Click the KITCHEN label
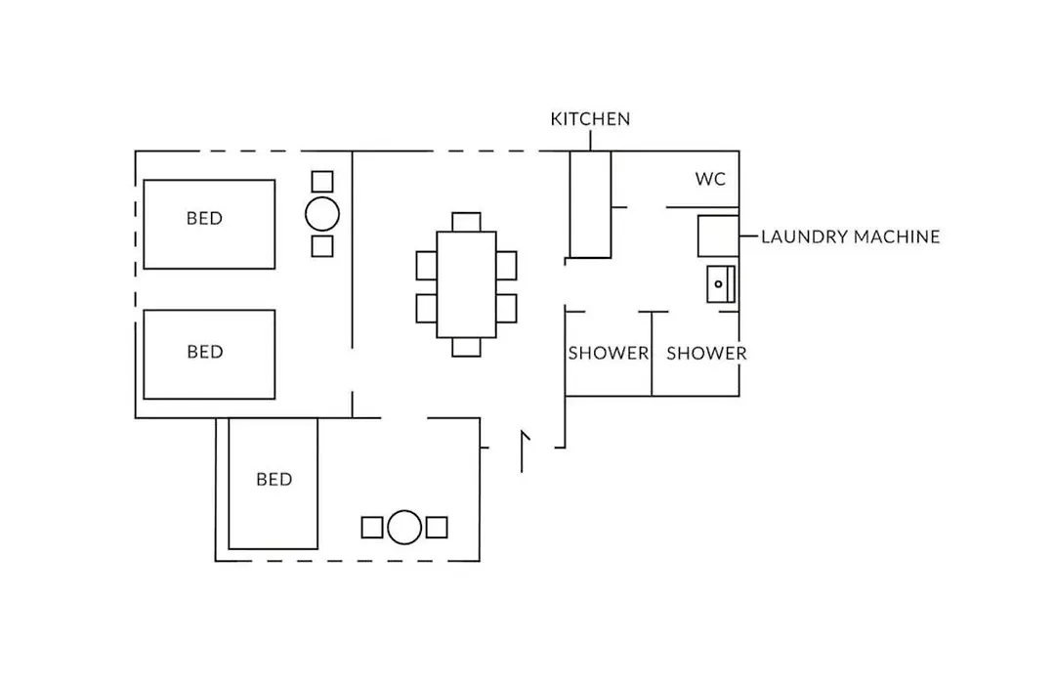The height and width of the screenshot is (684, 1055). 590,119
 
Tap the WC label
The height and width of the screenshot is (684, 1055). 710,179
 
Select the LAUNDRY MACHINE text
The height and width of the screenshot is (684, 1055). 851,237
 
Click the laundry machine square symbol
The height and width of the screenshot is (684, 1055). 718,235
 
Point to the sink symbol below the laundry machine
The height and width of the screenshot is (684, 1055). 721,283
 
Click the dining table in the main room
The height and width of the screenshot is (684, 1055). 466,284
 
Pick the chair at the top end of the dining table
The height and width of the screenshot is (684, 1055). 466,222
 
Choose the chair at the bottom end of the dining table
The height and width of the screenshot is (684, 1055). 466,347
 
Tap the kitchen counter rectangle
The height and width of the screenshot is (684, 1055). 591,204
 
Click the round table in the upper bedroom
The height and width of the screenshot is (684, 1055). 322,214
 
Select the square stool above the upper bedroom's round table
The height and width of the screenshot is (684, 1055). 322,181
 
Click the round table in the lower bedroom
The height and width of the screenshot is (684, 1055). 404,527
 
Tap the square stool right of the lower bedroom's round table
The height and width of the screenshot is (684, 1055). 437,527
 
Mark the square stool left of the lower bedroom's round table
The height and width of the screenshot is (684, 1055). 372,527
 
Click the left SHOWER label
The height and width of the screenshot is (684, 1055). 609,354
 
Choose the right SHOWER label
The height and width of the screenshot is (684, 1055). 706,354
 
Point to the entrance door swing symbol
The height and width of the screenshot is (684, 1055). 525,451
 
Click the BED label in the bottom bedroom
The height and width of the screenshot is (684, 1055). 274,480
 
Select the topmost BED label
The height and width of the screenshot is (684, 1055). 204,218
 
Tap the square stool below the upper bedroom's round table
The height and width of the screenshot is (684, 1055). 322,245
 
